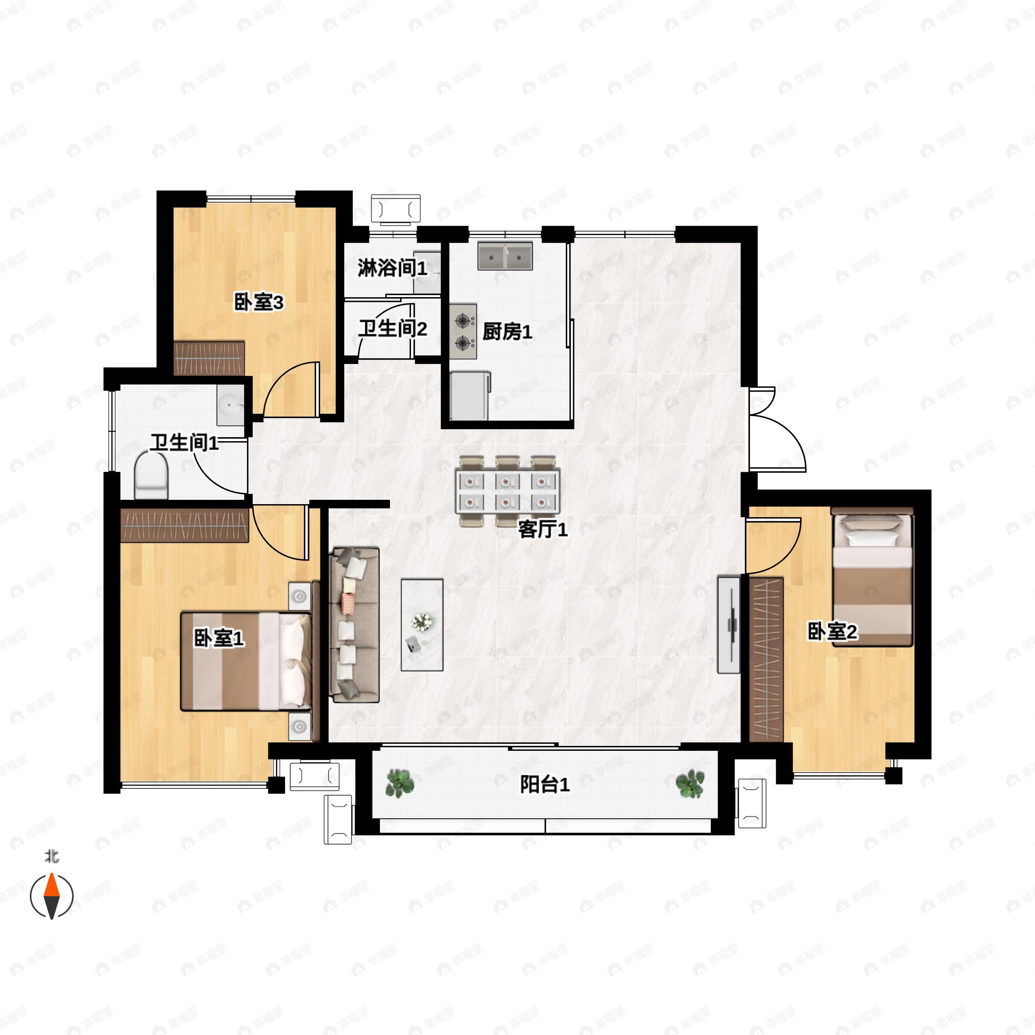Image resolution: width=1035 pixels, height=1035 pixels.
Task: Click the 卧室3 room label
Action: [259, 303]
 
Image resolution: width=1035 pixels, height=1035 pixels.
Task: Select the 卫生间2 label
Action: [393, 328]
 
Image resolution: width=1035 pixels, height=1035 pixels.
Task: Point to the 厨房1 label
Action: [507, 332]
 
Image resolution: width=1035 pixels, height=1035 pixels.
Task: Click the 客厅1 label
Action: [543, 530]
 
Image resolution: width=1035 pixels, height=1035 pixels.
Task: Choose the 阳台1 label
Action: [545, 785]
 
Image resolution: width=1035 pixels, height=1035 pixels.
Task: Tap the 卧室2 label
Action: [832, 632]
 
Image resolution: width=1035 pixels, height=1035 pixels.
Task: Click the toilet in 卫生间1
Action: [151, 475]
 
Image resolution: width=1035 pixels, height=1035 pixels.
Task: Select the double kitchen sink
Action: [505, 256]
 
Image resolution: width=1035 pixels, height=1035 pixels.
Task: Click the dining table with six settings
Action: [507, 491]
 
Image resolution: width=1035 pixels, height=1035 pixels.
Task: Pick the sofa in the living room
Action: [356, 624]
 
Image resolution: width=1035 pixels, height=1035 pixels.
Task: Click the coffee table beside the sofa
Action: [422, 624]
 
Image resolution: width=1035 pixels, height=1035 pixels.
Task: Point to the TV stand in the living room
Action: [728, 624]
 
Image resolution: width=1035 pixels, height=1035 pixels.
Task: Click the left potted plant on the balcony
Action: [400, 783]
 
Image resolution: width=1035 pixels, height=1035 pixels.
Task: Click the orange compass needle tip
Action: [51, 874]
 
